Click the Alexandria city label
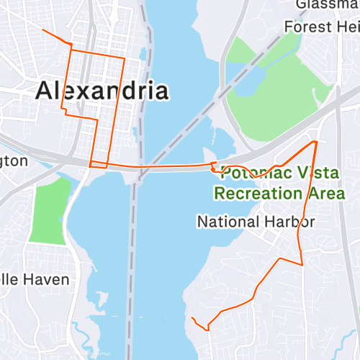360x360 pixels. pyautogui.click(x=102, y=91)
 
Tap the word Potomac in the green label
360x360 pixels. pyautogui.click(x=248, y=173)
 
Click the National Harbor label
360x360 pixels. pyautogui.click(x=255, y=221)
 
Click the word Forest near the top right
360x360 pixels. pyautogui.click(x=309, y=27)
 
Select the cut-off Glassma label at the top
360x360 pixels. pyautogui.click(x=327, y=5)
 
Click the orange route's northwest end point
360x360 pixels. pyautogui.click(x=43, y=30)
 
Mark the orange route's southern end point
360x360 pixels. pyautogui.click(x=192, y=317)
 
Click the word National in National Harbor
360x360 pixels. pyautogui.click(x=226, y=221)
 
